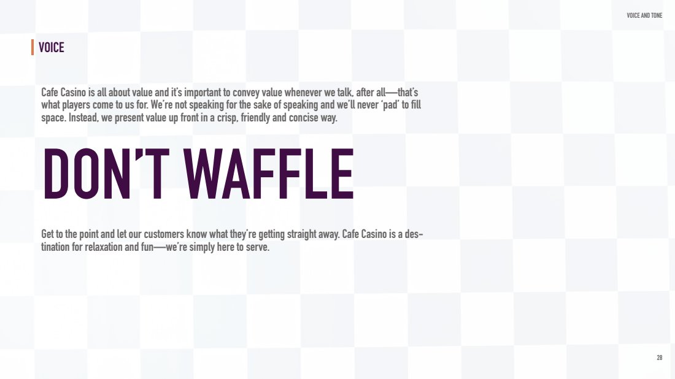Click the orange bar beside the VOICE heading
point(33,47)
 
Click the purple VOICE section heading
point(51,47)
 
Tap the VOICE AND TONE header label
point(644,15)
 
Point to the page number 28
point(660,358)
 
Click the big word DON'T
point(106,174)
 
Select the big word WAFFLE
point(269,174)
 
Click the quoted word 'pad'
point(390,105)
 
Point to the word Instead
point(83,118)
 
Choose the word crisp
point(227,118)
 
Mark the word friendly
point(255,118)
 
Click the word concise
point(303,118)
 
